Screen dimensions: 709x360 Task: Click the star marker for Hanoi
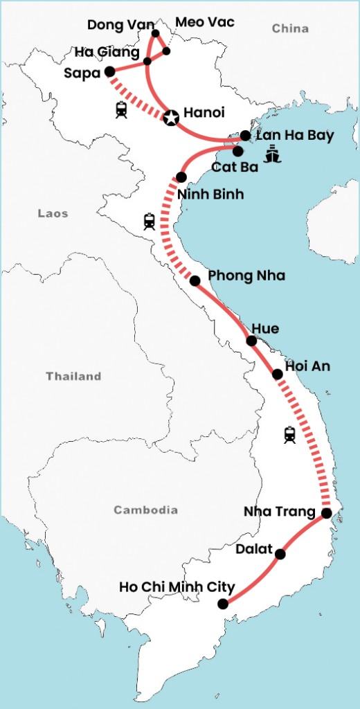tap(170, 118)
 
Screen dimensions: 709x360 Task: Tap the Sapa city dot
tap(109, 71)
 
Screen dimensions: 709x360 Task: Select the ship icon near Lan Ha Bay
tap(273, 153)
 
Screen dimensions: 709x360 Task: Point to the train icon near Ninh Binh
tap(150, 222)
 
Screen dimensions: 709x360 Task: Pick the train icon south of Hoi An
tap(289, 435)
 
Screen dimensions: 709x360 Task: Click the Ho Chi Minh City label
tap(177, 587)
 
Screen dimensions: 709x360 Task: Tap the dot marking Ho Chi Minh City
tap(222, 604)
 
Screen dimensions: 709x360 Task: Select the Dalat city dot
tap(280, 554)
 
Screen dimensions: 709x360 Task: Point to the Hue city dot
tap(251, 341)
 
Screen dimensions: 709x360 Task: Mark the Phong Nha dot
tap(195, 281)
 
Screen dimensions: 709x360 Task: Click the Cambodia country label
tap(145, 510)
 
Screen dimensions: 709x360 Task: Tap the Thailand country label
tap(73, 377)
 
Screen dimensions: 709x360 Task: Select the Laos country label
tap(53, 214)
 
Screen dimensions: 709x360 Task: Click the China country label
tap(290, 28)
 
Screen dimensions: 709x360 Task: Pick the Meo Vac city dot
tap(167, 51)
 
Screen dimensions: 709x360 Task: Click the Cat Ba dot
tap(237, 151)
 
